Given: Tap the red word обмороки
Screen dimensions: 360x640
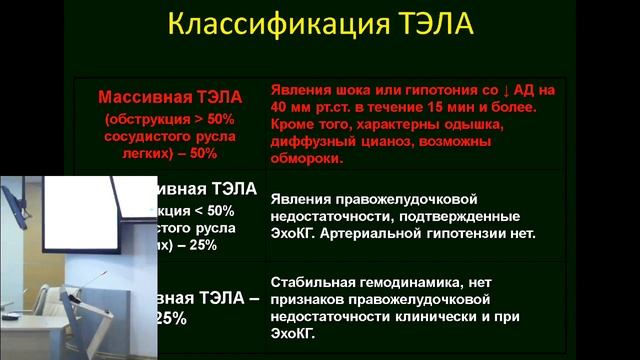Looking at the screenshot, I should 306,158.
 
